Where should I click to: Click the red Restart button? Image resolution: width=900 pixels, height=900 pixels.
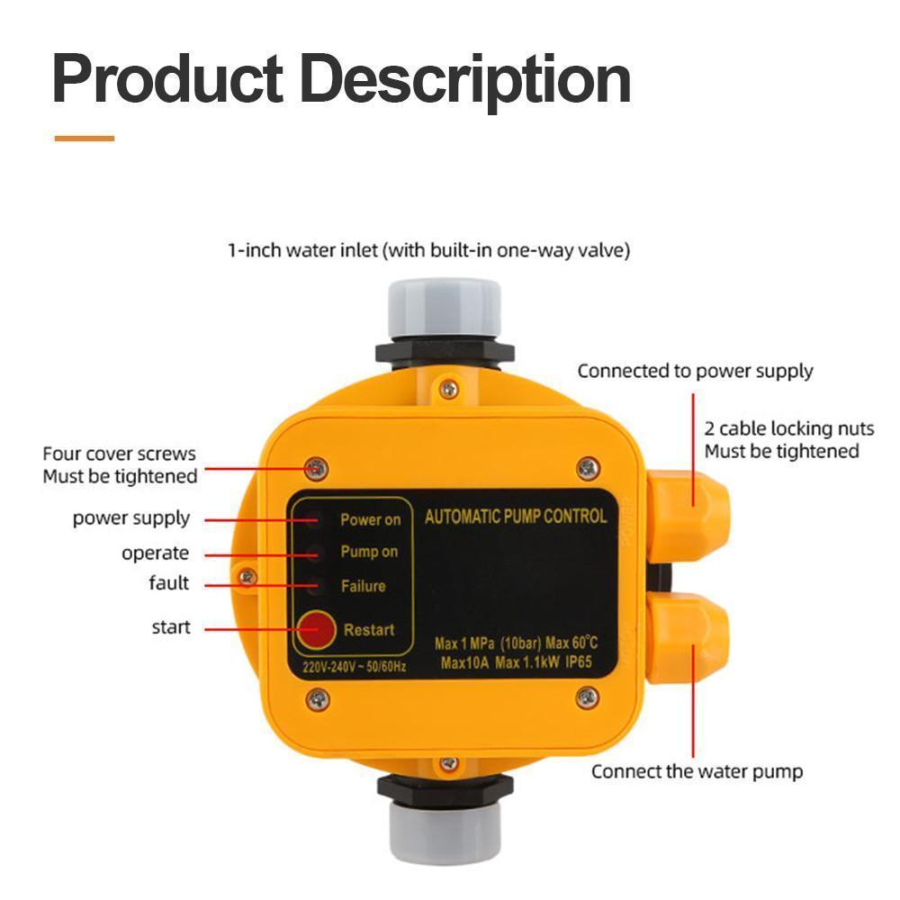click(x=315, y=630)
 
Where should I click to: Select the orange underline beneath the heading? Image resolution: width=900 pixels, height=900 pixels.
click(x=84, y=138)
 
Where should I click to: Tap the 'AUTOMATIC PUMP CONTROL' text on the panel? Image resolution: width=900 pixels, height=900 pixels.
click(x=515, y=517)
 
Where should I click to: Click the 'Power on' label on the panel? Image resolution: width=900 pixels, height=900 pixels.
click(x=370, y=519)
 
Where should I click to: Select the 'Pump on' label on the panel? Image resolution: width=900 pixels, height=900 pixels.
click(x=368, y=552)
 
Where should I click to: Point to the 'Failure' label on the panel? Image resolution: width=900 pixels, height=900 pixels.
click(x=363, y=586)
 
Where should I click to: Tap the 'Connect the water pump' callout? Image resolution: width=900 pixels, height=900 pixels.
click(x=697, y=771)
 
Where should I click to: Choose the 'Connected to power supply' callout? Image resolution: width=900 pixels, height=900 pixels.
click(x=695, y=371)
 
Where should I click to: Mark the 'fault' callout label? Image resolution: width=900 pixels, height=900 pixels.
click(x=169, y=583)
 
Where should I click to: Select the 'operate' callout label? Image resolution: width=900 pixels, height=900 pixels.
click(x=155, y=553)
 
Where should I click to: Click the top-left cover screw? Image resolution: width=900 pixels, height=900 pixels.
click(x=316, y=468)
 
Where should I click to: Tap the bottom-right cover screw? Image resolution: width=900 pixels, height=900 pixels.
click(x=587, y=696)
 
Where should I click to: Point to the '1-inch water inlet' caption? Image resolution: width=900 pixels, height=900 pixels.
click(x=428, y=250)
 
